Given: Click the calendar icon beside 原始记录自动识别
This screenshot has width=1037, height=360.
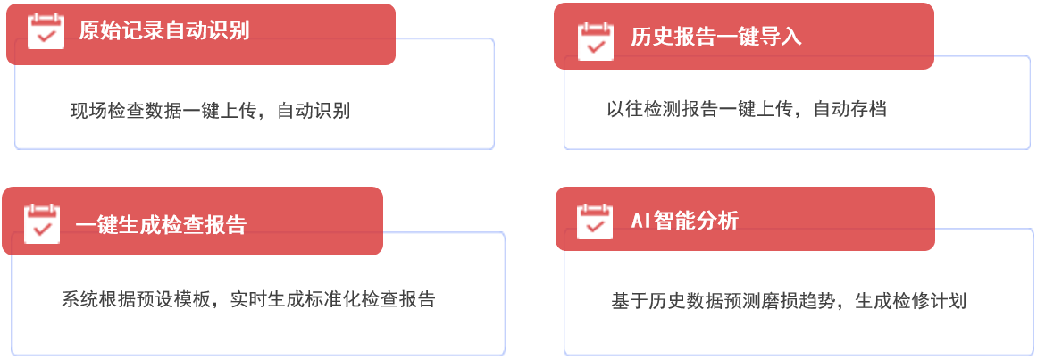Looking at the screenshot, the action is pyautogui.click(x=46, y=30).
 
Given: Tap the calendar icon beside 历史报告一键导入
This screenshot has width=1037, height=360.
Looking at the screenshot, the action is pyautogui.click(x=596, y=42).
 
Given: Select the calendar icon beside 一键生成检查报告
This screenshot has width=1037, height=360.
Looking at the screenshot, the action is pyautogui.click(x=42, y=223).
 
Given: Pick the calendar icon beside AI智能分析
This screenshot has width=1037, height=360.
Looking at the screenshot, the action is pyautogui.click(x=595, y=221).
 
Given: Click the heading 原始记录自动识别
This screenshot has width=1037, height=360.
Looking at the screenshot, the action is pyautogui.click(x=164, y=30).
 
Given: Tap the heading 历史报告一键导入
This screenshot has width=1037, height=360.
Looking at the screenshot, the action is pyautogui.click(x=715, y=37).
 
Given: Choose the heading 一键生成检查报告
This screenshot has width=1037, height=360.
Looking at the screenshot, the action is pyautogui.click(x=161, y=225).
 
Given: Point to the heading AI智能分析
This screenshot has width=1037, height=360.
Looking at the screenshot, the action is pyautogui.click(x=684, y=221).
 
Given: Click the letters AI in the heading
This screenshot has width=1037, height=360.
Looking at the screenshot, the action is pyautogui.click(x=641, y=221).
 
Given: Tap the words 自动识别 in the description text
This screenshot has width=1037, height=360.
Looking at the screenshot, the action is pyautogui.click(x=314, y=111).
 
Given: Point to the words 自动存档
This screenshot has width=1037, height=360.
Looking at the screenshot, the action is pyautogui.click(x=849, y=109).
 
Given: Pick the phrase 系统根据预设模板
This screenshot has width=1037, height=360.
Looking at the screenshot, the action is pyautogui.click(x=136, y=299).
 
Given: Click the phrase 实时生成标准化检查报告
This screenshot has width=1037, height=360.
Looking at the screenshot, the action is pyautogui.click(x=333, y=299).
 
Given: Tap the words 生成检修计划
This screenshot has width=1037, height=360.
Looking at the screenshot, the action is pyautogui.click(x=911, y=302).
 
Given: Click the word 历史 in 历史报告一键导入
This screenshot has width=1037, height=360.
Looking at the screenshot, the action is pyautogui.click(x=651, y=37).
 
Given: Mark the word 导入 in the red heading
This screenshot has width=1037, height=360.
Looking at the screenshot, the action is pyautogui.click(x=781, y=37).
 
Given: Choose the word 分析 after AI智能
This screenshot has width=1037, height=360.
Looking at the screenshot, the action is pyautogui.click(x=717, y=221).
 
